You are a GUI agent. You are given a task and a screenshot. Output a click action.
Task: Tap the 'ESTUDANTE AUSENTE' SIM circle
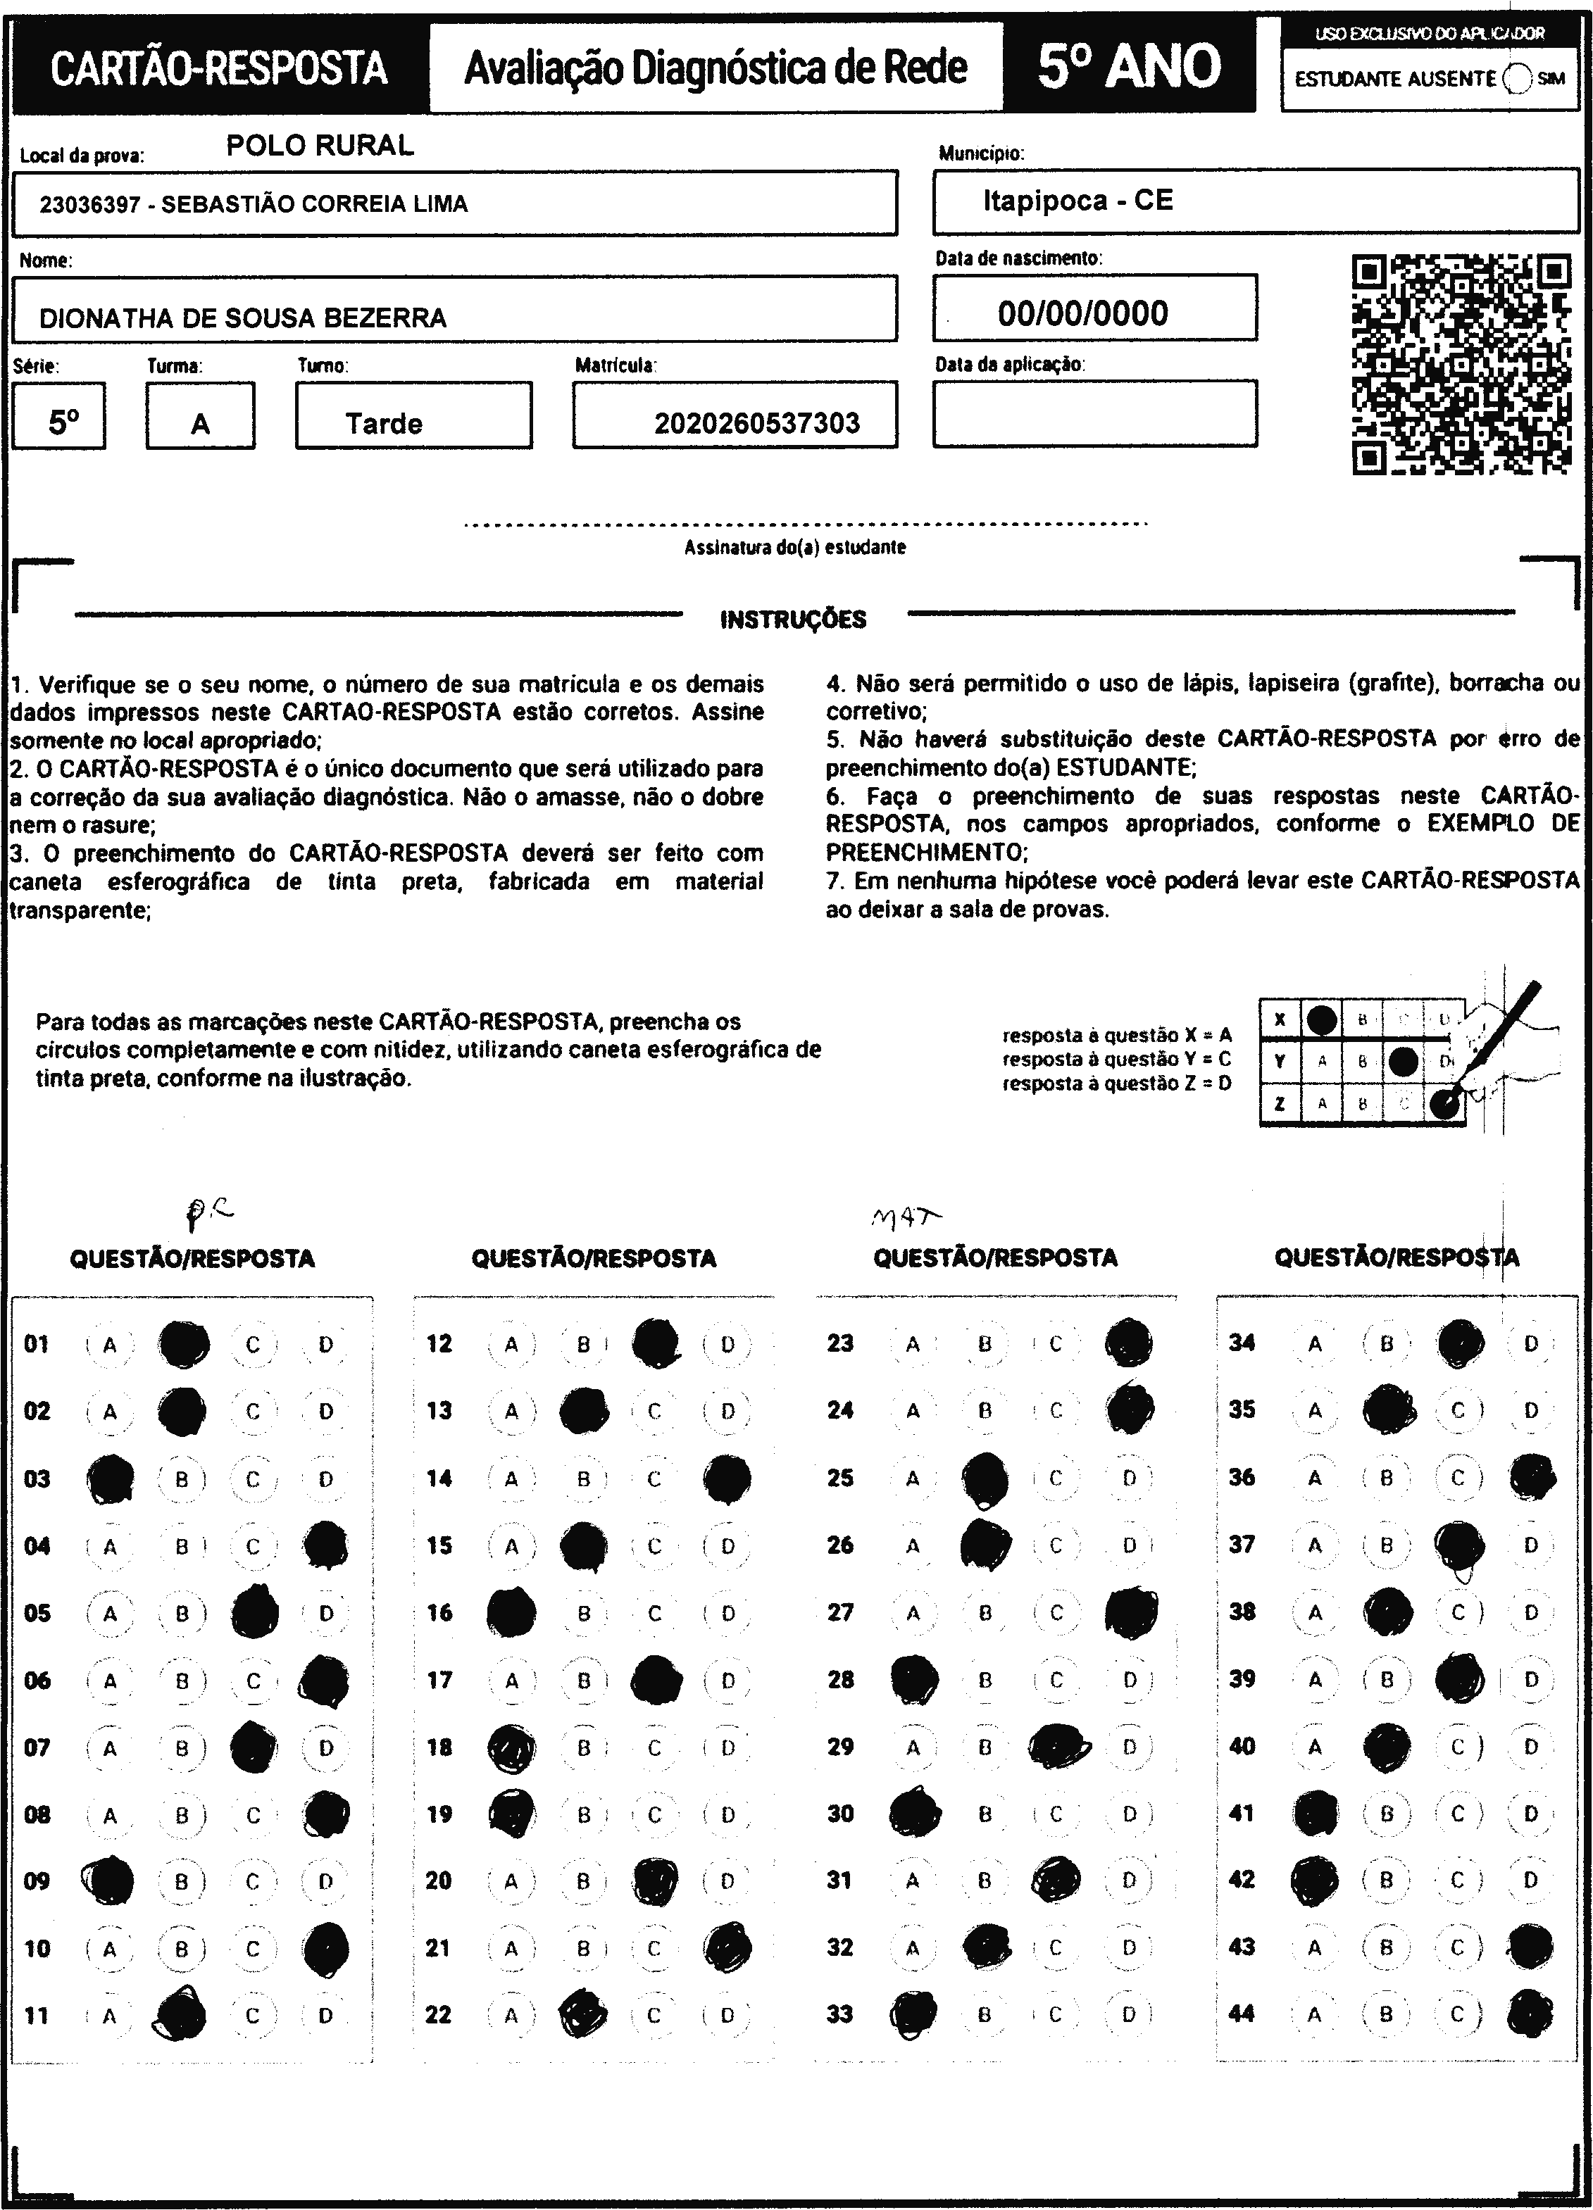[x=1518, y=79]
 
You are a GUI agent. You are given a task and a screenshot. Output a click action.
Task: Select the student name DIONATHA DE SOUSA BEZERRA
[x=243, y=318]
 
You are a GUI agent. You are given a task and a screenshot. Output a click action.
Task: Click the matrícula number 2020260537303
[x=756, y=423]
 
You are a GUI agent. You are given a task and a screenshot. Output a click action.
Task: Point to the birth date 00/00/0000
[x=1082, y=313]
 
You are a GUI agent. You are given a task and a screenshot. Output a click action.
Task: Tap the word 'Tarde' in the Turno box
[x=383, y=423]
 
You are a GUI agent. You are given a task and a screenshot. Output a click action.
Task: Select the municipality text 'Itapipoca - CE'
[x=1077, y=201]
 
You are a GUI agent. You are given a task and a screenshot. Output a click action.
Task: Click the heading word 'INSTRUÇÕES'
[x=792, y=620]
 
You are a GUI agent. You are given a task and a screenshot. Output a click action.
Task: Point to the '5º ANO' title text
[x=1129, y=66]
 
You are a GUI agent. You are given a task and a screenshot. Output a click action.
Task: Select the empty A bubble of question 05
[x=110, y=1614]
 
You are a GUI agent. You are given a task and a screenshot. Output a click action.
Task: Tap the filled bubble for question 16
[x=511, y=1614]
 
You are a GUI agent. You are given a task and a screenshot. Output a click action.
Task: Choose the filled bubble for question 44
[x=1530, y=2014]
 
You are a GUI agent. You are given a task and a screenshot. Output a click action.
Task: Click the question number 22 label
[x=439, y=2014]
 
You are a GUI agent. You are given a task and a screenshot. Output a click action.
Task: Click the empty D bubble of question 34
[x=1530, y=1344]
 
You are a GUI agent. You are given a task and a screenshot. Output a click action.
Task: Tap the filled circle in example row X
[x=1321, y=1019]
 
